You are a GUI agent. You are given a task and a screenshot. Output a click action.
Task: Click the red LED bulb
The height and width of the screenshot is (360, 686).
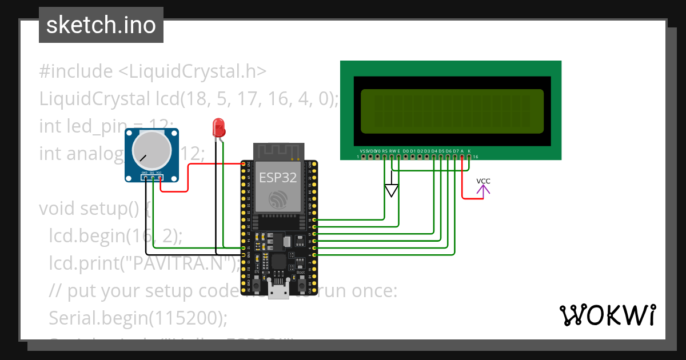[x=218, y=127]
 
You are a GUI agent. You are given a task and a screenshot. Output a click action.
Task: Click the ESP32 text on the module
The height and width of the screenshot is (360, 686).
[x=278, y=177]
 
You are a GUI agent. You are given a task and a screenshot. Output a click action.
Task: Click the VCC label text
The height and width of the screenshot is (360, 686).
[x=483, y=181]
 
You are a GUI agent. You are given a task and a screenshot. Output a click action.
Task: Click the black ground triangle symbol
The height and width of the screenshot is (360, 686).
[x=391, y=191]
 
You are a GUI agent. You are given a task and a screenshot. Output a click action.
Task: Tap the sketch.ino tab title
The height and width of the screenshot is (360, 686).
[x=101, y=25]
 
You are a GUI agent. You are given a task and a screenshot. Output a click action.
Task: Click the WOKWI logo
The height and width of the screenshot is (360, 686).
[x=607, y=315]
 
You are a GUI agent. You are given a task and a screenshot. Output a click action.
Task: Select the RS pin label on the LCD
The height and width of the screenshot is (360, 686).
[x=385, y=151]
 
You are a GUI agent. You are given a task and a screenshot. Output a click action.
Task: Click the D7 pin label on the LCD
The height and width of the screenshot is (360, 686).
[x=455, y=151]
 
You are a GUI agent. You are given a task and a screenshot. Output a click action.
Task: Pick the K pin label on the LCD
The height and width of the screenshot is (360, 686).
[x=469, y=151]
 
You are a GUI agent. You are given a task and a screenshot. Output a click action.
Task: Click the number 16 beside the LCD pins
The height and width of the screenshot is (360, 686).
[x=476, y=157]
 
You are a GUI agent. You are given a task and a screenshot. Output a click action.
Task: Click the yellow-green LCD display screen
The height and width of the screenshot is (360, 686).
[x=452, y=111]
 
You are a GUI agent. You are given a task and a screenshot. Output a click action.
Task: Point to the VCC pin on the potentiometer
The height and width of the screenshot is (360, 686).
[x=159, y=178]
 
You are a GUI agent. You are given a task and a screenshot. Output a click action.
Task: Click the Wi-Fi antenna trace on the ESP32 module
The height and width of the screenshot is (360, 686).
[x=278, y=151]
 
